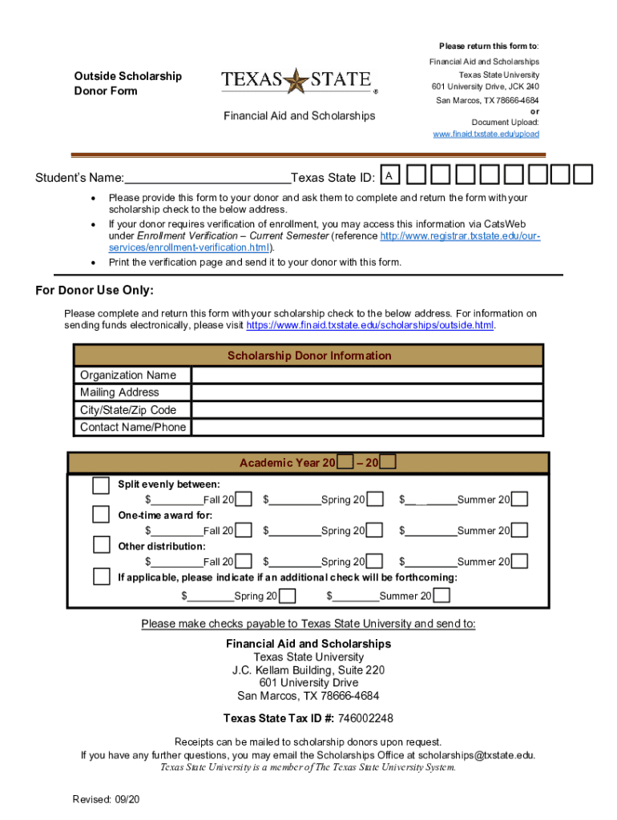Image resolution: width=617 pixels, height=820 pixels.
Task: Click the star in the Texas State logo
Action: tap(297, 80)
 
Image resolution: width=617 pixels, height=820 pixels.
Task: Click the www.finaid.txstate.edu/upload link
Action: tap(486, 134)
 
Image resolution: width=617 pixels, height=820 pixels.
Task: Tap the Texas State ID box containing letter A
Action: tap(389, 175)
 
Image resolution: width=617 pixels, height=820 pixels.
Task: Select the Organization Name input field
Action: tap(367, 376)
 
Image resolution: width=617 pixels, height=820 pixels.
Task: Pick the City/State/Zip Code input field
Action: tap(367, 410)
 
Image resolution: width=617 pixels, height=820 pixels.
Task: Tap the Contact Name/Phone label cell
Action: tap(133, 428)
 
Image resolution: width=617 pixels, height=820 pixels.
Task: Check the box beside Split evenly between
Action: tap(101, 485)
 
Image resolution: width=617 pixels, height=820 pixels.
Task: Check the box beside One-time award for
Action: tap(101, 514)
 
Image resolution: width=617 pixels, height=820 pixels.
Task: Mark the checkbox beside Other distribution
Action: tap(101, 545)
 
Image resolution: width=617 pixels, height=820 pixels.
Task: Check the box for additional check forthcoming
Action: tap(101, 576)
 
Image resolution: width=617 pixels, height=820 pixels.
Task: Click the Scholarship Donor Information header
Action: tap(309, 356)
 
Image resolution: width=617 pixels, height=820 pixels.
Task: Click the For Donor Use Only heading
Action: tap(95, 290)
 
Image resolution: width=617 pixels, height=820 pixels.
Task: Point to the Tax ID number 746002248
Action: tap(365, 717)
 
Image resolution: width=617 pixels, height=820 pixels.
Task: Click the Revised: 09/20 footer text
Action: tap(106, 799)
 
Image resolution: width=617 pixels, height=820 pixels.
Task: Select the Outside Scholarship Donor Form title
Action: tap(127, 83)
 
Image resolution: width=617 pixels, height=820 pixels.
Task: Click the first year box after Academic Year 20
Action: tap(345, 462)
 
